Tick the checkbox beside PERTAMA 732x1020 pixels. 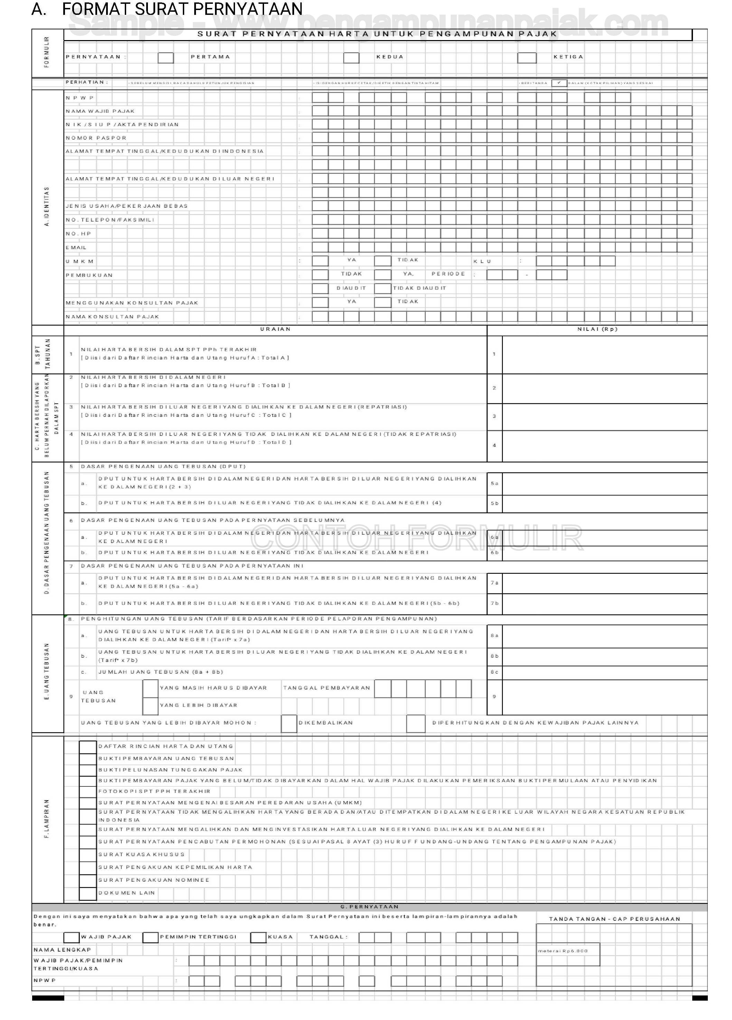coord(166,58)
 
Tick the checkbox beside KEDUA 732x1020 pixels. coord(351,58)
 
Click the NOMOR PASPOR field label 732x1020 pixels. coord(96,138)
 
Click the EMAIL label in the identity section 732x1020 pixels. coord(76,248)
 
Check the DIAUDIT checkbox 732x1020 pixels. coord(320,289)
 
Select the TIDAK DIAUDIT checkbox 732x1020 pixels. coord(383,289)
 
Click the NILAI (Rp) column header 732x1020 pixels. coord(598,329)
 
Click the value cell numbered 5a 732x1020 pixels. coord(604,484)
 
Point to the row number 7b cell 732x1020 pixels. coord(495,603)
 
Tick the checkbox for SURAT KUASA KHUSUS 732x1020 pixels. coord(88,854)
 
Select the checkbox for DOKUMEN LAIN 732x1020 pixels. coord(88,893)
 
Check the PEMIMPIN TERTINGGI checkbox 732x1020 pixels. coord(150,937)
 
